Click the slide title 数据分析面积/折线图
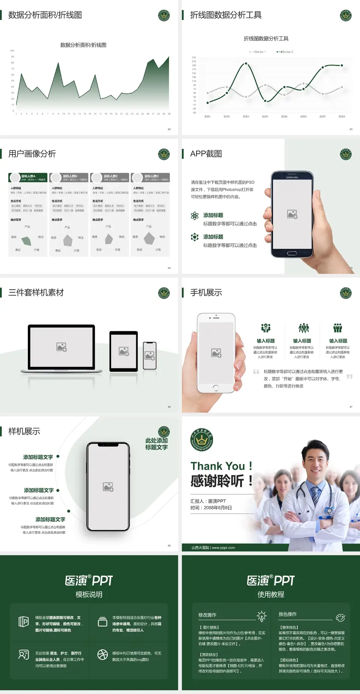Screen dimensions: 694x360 tap(45, 15)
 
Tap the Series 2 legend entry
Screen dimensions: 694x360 tap(285, 52)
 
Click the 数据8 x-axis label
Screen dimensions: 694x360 tap(342, 117)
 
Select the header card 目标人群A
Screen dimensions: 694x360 tap(28, 177)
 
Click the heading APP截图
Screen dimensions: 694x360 tap(206, 154)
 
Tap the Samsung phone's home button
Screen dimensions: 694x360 tap(292, 253)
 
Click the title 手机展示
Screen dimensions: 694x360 tap(206, 293)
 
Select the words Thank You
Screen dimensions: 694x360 tap(217, 466)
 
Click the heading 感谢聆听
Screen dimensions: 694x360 tap(217, 481)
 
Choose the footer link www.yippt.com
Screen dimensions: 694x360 tap(223, 548)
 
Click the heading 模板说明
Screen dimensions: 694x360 tap(89, 595)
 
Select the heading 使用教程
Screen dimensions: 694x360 tap(271, 595)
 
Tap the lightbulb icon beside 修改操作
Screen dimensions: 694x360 tap(261, 616)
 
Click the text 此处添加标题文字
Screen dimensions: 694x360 tap(156, 444)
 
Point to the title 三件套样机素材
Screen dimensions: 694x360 tap(36, 293)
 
